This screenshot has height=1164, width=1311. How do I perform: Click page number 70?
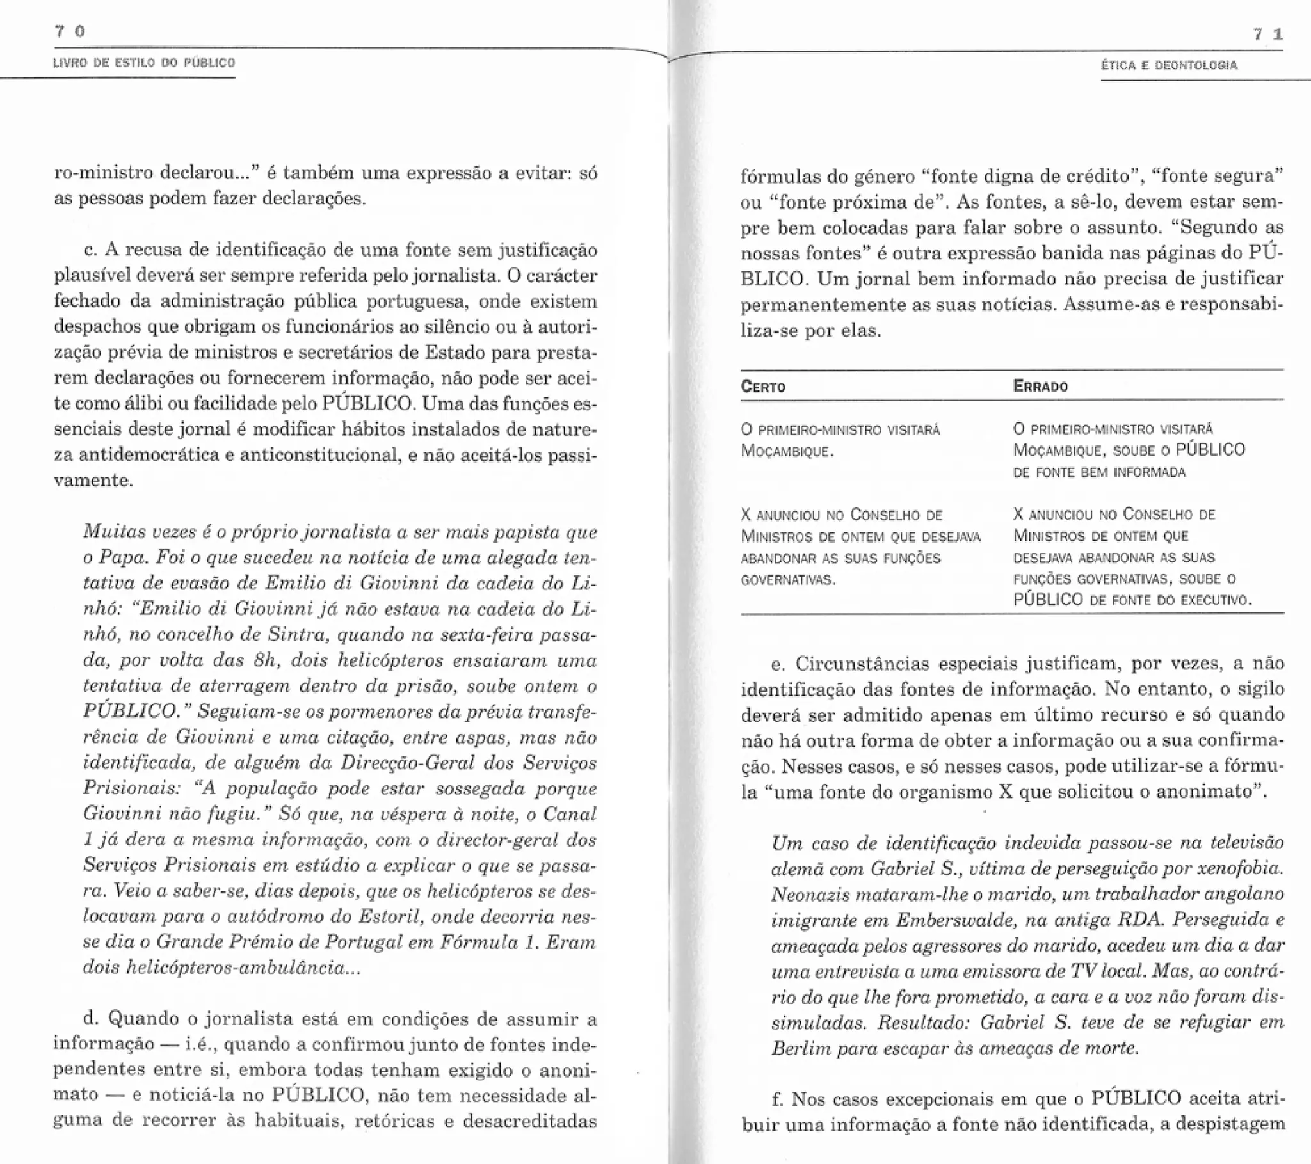[70, 31]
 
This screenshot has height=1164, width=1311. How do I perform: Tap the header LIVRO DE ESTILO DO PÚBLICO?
[144, 63]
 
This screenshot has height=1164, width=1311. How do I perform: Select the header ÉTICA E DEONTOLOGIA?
[1170, 65]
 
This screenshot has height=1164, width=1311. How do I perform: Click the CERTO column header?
[762, 387]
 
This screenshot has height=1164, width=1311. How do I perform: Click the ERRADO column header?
[1040, 386]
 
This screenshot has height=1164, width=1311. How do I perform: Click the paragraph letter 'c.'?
[91, 250]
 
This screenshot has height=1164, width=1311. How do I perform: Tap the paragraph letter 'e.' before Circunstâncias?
[778, 664]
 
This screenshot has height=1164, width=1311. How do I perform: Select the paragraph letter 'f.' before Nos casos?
[778, 1099]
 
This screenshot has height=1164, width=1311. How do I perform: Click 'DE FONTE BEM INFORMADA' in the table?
[1099, 473]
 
